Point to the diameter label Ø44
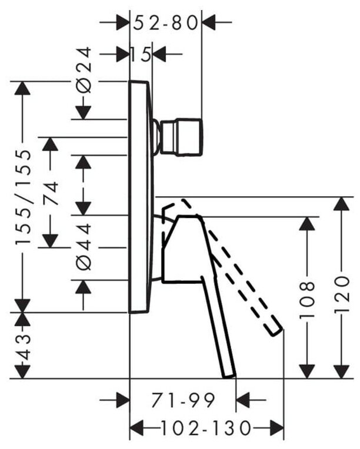tap(84, 247)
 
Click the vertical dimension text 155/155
tap(22, 197)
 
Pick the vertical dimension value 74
tap(51, 193)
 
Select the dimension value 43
tap(22, 347)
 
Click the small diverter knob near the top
tap(185, 138)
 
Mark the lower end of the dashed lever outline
tap(276, 330)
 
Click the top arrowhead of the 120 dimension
tap(342, 205)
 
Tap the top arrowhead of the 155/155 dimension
tap(22, 88)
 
